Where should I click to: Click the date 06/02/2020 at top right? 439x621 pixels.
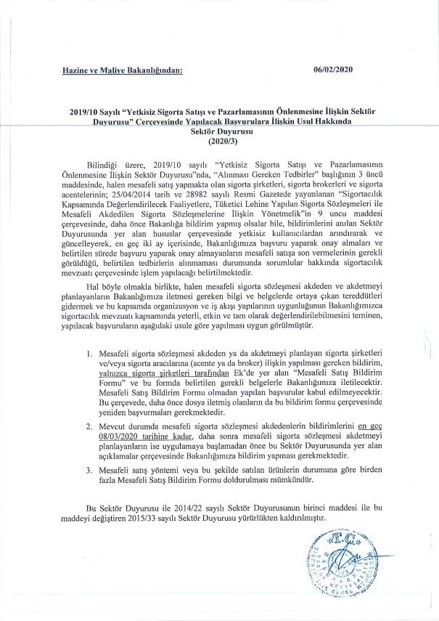pos(332,70)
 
